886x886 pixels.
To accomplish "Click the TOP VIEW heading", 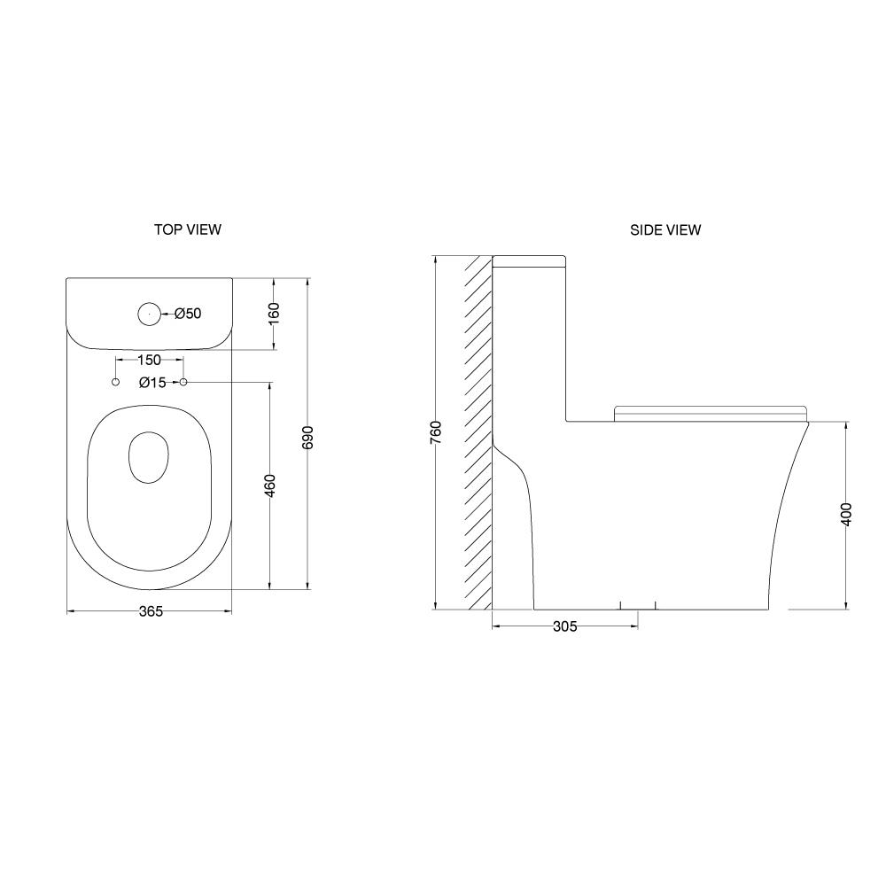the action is [188, 229].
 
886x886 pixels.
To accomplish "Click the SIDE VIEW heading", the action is [665, 230].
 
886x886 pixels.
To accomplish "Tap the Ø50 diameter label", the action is [188, 313].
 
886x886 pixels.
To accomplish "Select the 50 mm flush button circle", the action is [149, 315].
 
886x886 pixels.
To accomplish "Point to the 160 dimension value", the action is [274, 314].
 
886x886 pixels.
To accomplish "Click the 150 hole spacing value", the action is [149, 360].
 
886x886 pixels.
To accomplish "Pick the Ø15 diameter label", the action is [152, 383].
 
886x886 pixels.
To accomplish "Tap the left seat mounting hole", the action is [116, 383].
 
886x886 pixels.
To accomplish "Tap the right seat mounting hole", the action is [183, 383].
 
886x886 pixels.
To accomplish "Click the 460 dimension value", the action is [270, 486].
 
